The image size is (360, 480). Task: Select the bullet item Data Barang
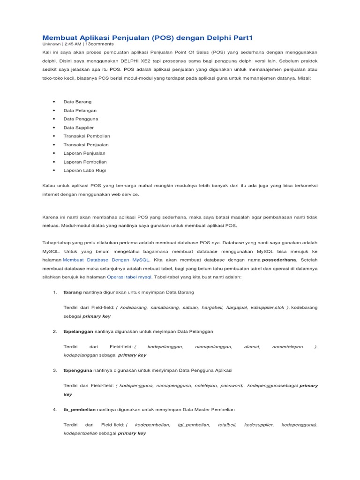click(77, 102)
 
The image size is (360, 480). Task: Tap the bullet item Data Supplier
click(78, 127)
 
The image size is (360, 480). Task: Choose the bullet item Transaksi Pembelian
click(87, 136)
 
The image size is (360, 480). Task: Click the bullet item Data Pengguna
click(81, 119)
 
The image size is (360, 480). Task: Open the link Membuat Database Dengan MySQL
click(106, 260)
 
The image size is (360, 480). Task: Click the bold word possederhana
click(279, 260)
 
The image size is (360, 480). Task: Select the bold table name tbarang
click(72, 292)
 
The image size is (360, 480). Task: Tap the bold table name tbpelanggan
click(78, 331)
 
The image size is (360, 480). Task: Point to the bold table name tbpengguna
click(78, 370)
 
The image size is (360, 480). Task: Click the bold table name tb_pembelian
click(79, 409)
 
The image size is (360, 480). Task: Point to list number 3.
click(55, 370)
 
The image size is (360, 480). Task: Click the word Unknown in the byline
click(52, 44)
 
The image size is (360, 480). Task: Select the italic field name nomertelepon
click(287, 347)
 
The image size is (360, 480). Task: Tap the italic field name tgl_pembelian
click(194, 425)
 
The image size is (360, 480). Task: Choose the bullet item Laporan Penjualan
click(84, 153)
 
